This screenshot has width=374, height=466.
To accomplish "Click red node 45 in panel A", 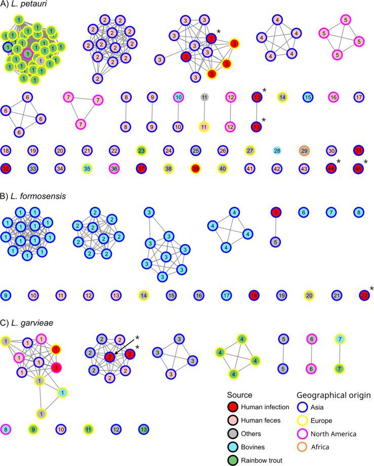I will tap(359, 167).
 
